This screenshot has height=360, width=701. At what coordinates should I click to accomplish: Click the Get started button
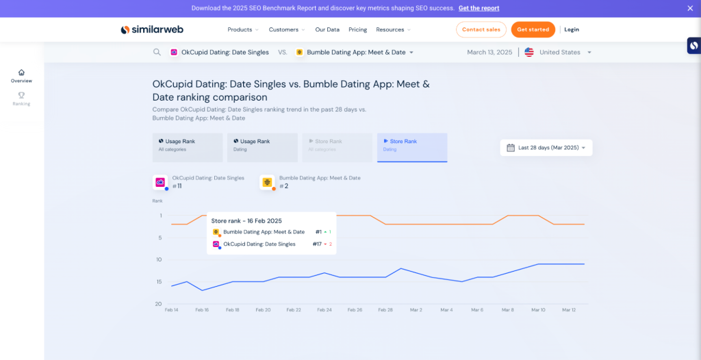[533, 29]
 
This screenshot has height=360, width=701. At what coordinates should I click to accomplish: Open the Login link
[572, 29]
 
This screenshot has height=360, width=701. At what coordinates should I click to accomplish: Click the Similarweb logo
[152, 29]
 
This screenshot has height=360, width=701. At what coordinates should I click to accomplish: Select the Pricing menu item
[357, 29]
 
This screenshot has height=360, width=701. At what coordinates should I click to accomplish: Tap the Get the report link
[479, 8]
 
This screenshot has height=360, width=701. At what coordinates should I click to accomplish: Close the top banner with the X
[690, 8]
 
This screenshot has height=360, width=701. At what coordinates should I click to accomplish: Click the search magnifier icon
[157, 52]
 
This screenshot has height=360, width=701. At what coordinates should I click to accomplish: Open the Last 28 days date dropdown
[546, 148]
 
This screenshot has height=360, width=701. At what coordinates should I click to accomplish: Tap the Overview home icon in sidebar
[21, 73]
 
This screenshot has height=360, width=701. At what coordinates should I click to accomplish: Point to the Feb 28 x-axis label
[385, 310]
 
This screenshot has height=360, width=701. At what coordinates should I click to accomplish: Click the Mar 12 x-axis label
[570, 310]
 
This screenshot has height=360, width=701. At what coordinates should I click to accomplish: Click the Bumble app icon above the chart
[267, 183]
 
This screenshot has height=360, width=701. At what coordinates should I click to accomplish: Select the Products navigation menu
[243, 29]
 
